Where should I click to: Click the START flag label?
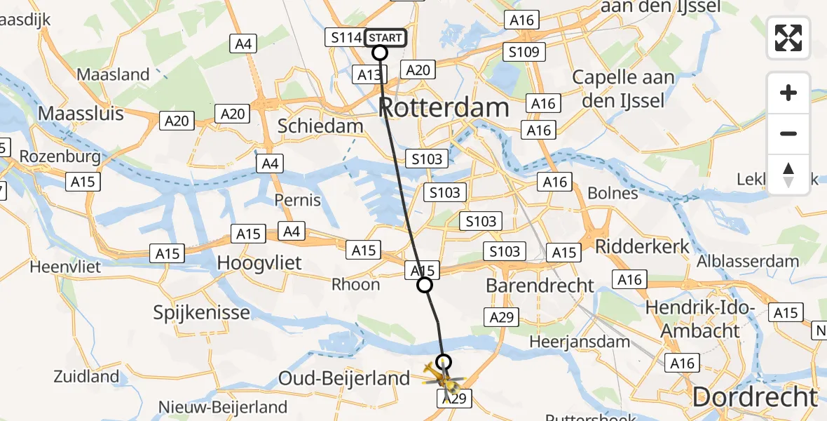click(x=385, y=37)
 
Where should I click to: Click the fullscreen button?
click(x=788, y=38)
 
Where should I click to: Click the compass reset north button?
click(x=788, y=175)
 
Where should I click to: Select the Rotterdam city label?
click(x=444, y=108)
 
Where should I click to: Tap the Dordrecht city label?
click(x=754, y=397)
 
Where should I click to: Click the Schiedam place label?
click(x=320, y=126)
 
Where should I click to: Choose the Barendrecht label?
click(x=540, y=286)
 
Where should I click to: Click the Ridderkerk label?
click(x=642, y=247)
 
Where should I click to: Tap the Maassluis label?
click(x=81, y=113)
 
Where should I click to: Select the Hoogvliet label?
click(x=259, y=263)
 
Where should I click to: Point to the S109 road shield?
click(x=524, y=52)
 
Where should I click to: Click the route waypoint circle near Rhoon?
click(x=424, y=285)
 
